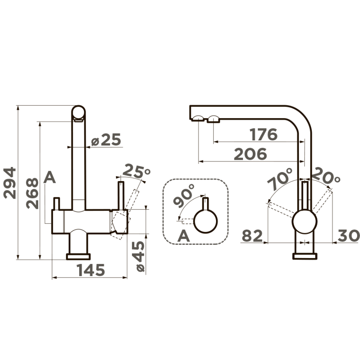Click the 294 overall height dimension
coord(10,183)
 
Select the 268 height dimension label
coord(32,193)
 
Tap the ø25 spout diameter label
coord(106,140)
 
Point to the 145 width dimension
coord(91,270)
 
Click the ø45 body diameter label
coord(140,257)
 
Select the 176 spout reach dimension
coord(264,134)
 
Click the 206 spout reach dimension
coord(251,154)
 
